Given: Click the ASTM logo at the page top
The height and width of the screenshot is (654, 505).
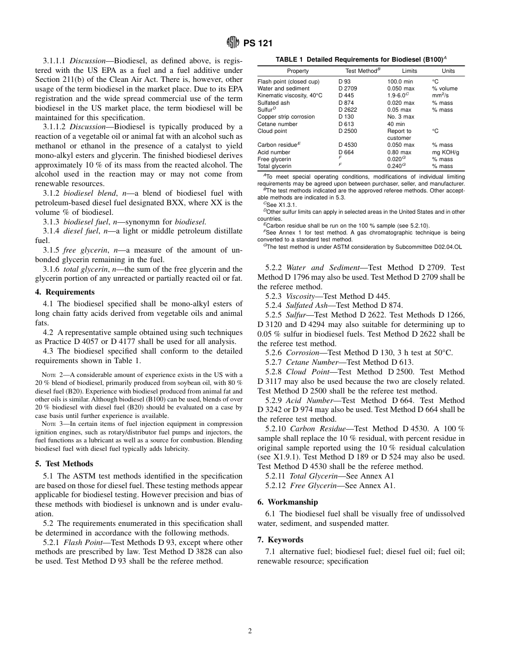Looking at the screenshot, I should [232, 42].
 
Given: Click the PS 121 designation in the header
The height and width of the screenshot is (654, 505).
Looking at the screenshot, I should [258, 43].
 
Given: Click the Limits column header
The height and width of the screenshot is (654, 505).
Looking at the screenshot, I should [409, 71].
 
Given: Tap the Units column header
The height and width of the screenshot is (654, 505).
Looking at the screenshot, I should [448, 71].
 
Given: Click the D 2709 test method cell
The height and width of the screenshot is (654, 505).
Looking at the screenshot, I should [348, 88].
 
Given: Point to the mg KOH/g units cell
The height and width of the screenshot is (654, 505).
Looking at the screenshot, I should [445, 152].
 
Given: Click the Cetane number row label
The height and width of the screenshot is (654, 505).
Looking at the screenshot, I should [277, 124].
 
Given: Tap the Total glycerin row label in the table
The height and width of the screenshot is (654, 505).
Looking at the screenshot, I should [275, 166].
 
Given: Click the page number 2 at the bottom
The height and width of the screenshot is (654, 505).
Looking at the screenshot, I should [250, 631].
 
